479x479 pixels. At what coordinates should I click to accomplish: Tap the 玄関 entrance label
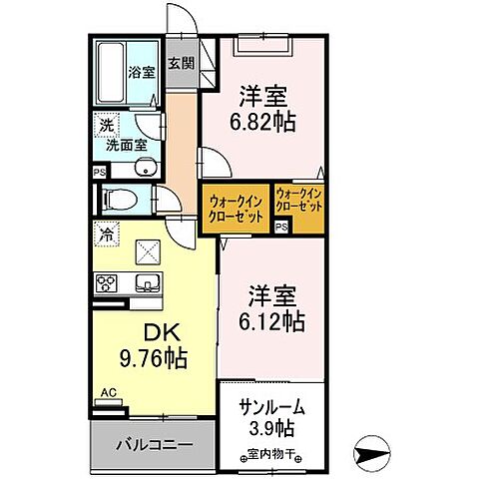pos(182,65)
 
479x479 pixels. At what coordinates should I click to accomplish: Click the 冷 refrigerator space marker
pos(105,237)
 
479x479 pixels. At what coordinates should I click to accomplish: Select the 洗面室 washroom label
pos(126,148)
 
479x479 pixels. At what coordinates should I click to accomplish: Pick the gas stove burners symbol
pos(107,282)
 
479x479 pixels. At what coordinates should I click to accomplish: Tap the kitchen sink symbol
pos(147,281)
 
